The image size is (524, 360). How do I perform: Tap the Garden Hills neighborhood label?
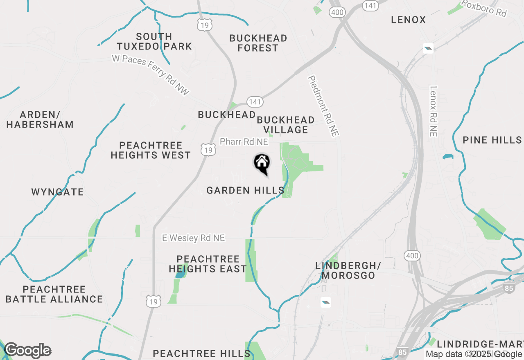point(245,190)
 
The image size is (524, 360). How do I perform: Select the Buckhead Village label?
point(286,125)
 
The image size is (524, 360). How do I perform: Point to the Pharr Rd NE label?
point(244,142)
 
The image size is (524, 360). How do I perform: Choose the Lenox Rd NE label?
point(434,111)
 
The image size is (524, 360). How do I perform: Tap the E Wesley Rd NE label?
point(193,238)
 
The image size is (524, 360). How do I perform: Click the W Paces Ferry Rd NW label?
point(151,75)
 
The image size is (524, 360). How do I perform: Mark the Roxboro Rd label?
point(484,8)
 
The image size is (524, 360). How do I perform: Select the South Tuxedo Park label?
point(154,41)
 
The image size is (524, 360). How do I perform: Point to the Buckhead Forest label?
point(258,43)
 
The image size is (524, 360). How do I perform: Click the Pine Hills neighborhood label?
point(492,140)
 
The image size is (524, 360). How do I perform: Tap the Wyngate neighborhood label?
point(57,192)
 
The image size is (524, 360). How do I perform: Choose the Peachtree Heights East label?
point(208,264)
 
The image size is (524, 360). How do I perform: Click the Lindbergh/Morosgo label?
point(348,270)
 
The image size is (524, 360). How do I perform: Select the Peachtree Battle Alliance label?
point(54,294)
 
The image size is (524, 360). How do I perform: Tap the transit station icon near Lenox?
point(429,48)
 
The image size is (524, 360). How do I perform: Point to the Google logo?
point(27,351)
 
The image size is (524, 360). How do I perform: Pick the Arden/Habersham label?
point(40,119)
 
